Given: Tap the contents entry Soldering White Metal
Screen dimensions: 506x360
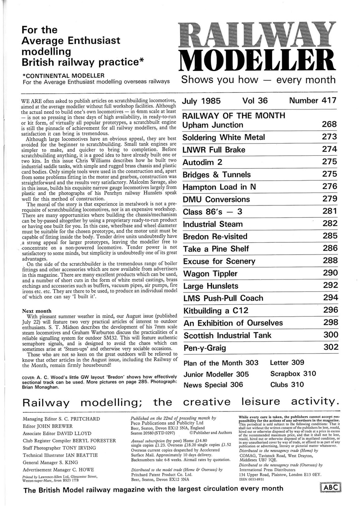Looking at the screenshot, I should [x=223, y=138].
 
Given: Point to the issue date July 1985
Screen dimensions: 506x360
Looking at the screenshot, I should [x=201, y=101].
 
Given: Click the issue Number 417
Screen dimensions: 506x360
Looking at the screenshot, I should [x=313, y=101].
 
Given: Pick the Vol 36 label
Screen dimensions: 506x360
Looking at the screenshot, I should [x=255, y=101].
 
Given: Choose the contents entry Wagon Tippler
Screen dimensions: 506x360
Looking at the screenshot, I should [x=210, y=274].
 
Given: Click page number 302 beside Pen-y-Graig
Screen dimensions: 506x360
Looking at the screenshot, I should [x=330, y=347].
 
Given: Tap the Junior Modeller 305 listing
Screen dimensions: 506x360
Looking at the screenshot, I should [x=216, y=374].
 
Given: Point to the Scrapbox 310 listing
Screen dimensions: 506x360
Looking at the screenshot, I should [x=293, y=374].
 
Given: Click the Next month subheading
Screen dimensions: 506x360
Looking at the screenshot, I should [x=37, y=311].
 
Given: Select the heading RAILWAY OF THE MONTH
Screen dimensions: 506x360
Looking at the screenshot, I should [x=234, y=115].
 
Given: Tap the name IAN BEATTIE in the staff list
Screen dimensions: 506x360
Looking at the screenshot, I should [x=81, y=455].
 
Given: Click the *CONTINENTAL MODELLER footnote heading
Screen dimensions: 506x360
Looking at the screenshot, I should [x=64, y=75].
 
